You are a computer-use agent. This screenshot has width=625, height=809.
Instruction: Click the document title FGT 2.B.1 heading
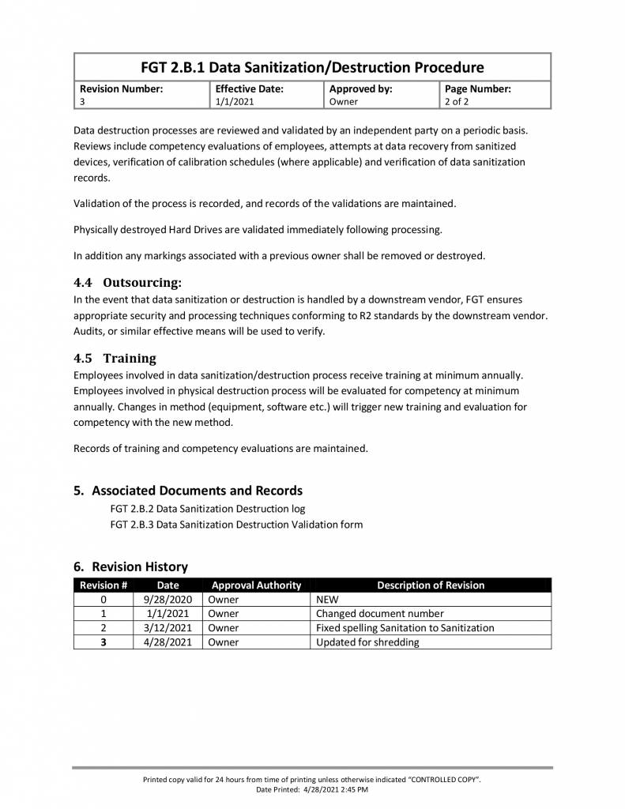coord(312,67)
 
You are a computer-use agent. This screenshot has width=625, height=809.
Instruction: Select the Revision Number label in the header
coord(121,89)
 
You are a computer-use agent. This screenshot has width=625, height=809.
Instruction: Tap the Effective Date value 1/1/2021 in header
coord(235,102)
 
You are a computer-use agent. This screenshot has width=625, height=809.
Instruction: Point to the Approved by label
coord(360,89)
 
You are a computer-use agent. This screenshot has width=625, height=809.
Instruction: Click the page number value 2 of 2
coord(457,102)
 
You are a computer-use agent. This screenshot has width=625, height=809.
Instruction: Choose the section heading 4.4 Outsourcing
coord(127,282)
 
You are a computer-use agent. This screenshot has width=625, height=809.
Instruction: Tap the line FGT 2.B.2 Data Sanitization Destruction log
coord(207,509)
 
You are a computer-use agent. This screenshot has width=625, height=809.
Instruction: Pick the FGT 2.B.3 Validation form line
coord(236,524)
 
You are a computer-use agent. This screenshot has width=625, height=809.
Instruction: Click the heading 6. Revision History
coord(130,566)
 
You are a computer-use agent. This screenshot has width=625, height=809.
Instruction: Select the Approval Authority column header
coord(256,585)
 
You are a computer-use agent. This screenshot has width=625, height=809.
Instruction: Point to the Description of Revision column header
coord(431,585)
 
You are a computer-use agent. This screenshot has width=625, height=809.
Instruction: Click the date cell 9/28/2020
coord(168,600)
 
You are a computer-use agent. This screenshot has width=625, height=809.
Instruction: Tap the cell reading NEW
coord(327,600)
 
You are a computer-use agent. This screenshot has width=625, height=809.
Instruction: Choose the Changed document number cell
coord(379,614)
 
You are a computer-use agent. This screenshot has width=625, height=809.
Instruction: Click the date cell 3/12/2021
coord(168,628)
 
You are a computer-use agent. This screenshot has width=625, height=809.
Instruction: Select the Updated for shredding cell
coord(367,642)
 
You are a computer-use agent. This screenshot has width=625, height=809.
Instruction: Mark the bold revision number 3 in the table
coord(103,642)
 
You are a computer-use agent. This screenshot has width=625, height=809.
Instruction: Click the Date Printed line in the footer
coord(312,789)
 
